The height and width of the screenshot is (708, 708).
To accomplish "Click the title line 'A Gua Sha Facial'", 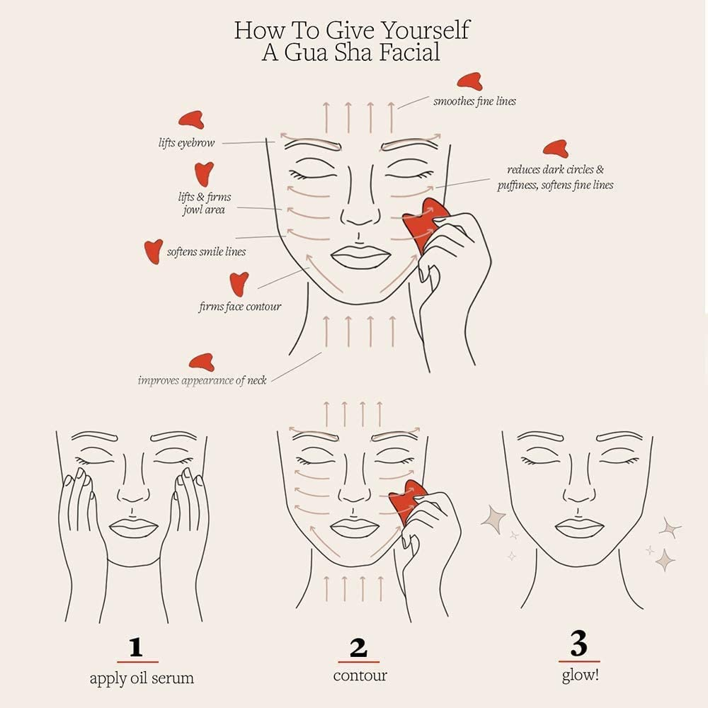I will [x=350, y=52].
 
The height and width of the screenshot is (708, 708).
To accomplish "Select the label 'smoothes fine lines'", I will [x=474, y=101].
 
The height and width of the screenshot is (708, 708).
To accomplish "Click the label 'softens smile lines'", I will [x=206, y=251].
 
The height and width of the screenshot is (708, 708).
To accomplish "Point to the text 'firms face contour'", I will [x=239, y=307].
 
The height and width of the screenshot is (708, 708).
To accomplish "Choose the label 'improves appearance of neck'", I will [x=202, y=380].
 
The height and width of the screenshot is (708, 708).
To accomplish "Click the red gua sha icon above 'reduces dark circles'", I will [x=555, y=149].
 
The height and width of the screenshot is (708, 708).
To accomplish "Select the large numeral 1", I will [x=137, y=648].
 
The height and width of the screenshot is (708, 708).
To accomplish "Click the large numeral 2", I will [x=358, y=648].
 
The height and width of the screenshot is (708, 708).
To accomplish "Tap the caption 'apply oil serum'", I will [x=142, y=678].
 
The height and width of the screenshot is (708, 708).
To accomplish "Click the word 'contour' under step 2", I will [x=360, y=675].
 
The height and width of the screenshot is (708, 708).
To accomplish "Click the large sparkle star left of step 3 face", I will [x=493, y=520].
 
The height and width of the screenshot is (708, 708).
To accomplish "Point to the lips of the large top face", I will [x=360, y=256].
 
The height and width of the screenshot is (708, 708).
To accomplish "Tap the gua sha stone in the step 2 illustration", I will [x=409, y=500].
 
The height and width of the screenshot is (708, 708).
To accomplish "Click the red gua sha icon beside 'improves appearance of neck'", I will [x=202, y=361].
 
